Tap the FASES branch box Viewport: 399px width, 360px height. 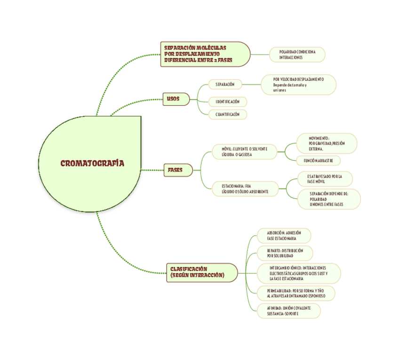click(175, 170)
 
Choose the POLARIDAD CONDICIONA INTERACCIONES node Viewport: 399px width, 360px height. click(297, 55)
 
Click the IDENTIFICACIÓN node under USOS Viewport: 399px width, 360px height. click(227, 102)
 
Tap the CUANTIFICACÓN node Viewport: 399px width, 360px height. click(227, 114)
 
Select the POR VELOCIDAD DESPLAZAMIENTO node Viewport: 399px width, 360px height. click(298, 85)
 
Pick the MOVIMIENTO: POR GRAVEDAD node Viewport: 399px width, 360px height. click(327, 143)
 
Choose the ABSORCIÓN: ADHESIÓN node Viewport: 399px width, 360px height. click(283, 236)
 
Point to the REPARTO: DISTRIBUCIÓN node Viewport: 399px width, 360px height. click(284, 253)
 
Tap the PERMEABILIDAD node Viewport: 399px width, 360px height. click(296, 294)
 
